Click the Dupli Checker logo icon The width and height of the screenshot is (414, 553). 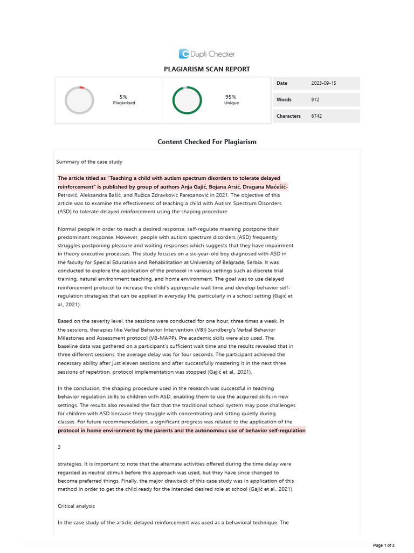click(184, 53)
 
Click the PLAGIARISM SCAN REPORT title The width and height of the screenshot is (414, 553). click(207, 69)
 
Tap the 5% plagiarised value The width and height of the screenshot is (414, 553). click(123, 97)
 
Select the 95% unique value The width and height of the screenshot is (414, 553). click(231, 97)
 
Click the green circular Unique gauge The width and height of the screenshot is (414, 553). click(187, 100)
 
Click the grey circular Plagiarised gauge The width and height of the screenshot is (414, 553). click(79, 100)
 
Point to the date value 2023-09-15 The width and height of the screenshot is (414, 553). click(323, 83)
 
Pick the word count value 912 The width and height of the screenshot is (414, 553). click(315, 100)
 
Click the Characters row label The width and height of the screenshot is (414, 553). click(288, 116)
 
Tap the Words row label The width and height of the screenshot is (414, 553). click(284, 100)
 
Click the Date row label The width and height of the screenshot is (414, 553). click(282, 83)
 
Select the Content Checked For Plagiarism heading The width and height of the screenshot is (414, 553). click(207, 141)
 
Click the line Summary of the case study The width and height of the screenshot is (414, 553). click(89, 161)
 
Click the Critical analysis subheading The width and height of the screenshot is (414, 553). click(77, 506)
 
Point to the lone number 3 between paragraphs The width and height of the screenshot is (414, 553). click(59, 447)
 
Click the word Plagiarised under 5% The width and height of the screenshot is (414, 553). click(124, 103)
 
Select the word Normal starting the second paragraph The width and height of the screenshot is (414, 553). click(67, 229)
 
